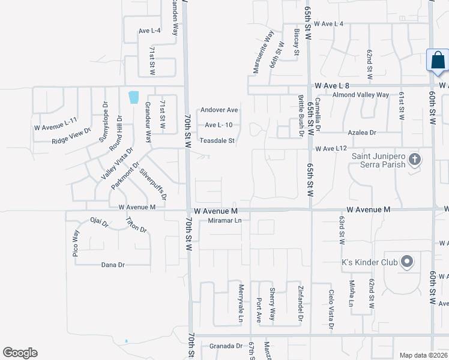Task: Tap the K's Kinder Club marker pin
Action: coord(408,262)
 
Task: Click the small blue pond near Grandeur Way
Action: coord(133,97)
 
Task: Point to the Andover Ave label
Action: coord(220,110)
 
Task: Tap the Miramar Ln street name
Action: coord(224,221)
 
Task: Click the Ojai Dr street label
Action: coord(99,223)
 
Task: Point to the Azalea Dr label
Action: coord(362,132)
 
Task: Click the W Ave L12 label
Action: coord(331,148)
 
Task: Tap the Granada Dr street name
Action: coord(226,346)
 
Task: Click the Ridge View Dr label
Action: coord(71,136)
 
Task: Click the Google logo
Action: coord(20,352)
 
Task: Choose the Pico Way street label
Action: coord(76,243)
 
